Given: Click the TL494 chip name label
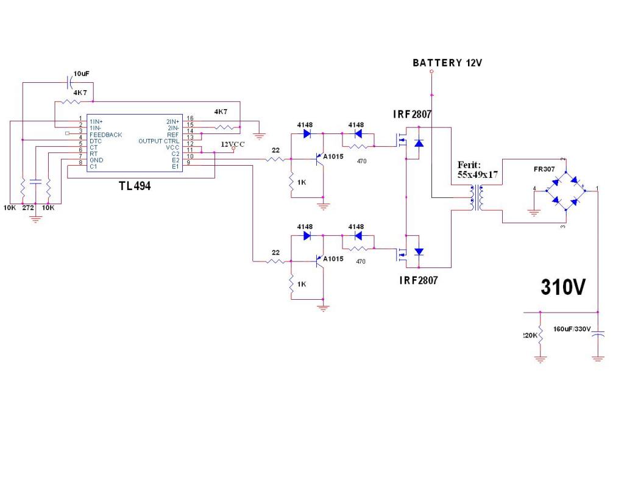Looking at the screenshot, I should [x=135, y=186].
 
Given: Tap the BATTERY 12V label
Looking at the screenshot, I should [x=447, y=63].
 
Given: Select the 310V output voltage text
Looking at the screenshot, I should [x=563, y=287].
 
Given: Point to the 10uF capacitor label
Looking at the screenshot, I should [x=81, y=74].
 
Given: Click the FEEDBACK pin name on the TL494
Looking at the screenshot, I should [x=105, y=135].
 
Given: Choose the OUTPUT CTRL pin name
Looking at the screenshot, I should [x=159, y=141].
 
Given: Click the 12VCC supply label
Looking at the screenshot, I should [x=232, y=144].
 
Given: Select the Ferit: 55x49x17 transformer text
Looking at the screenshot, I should [x=478, y=169].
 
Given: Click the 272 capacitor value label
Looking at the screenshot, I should [x=28, y=208].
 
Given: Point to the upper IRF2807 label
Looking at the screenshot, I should [x=412, y=114].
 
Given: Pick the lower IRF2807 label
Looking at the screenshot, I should [x=418, y=281].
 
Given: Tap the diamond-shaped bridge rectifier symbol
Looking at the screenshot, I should [x=565, y=191].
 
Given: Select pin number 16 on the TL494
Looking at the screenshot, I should [x=190, y=119].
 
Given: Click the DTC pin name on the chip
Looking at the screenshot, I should [x=95, y=141].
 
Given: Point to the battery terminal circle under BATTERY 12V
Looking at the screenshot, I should [x=431, y=72].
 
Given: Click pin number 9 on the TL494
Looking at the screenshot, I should [x=190, y=163].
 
